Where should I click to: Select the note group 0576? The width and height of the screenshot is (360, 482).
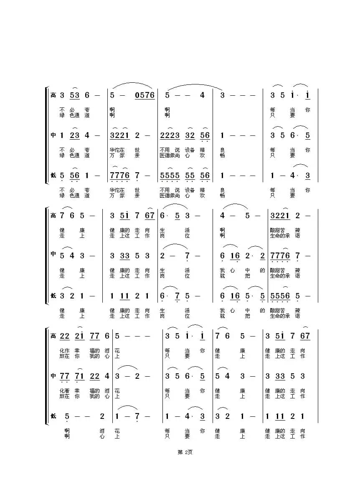(145, 95)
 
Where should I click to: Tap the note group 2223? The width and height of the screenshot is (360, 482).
(170, 135)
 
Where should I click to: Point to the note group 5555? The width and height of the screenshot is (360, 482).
(170, 176)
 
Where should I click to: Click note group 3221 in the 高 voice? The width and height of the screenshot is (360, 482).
(280, 216)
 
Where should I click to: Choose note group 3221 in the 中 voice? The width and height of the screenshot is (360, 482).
(119, 135)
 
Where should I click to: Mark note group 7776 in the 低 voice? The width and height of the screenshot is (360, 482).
(119, 176)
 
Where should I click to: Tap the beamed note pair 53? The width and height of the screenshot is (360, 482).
(74, 95)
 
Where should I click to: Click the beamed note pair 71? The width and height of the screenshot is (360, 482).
(79, 376)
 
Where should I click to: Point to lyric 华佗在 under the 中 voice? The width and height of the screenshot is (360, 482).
(117, 150)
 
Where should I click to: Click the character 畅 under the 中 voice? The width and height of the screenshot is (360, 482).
(222, 155)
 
